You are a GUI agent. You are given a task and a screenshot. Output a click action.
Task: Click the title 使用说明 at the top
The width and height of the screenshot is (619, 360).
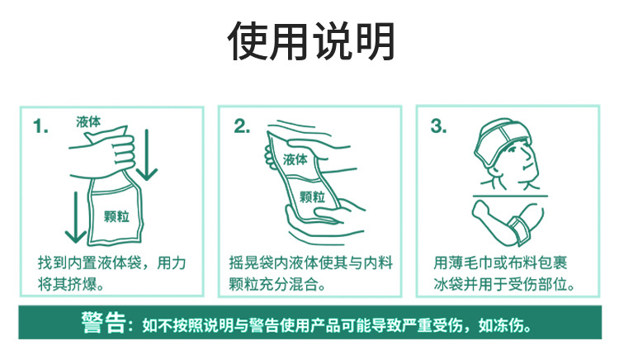(310, 40)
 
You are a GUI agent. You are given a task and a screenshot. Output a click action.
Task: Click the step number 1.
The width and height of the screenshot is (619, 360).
(40, 126)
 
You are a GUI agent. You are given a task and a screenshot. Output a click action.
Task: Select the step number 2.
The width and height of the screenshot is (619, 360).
(242, 126)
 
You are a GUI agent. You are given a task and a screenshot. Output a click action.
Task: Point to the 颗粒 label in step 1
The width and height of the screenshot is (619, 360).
(116, 216)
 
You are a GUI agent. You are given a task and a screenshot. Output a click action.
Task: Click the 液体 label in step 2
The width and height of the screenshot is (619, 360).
(295, 159)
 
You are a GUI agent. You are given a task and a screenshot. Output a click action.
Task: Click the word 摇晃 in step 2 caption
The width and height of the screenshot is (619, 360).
(242, 264)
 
